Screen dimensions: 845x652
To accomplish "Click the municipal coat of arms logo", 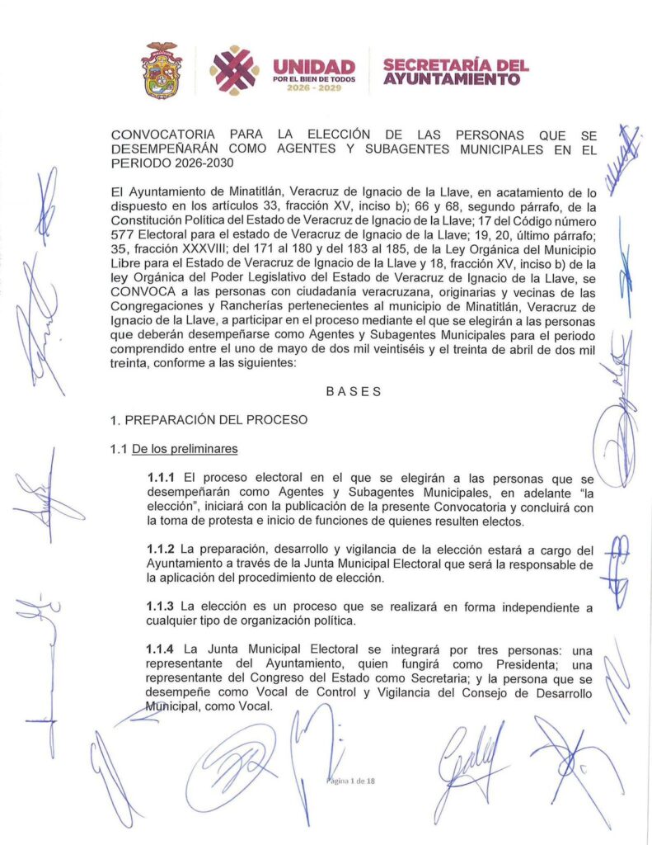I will tap(162, 71).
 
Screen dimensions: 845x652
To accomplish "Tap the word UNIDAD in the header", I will tap(313, 66).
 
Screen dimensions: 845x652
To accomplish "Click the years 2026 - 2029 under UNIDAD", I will tap(313, 87).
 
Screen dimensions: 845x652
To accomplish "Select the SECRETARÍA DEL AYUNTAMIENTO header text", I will tap(455, 73).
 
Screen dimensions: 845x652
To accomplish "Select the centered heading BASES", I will tap(354, 392).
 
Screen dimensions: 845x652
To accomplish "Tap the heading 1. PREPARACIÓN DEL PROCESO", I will tap(209, 420).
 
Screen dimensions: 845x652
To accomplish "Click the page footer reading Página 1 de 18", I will tap(352, 780).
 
